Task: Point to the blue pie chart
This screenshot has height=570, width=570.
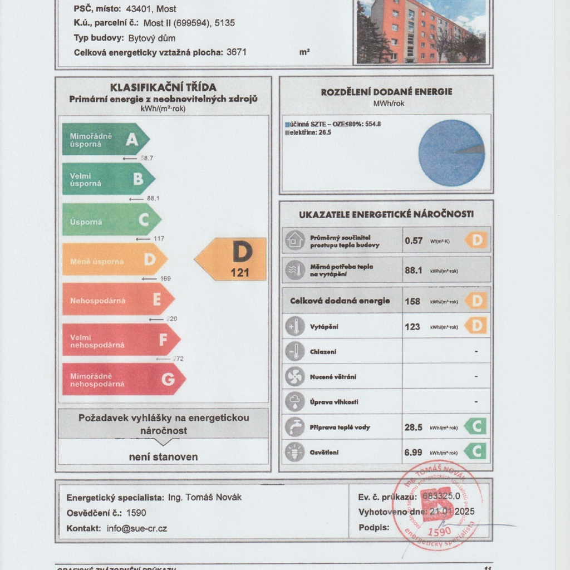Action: pyautogui.click(x=451, y=153)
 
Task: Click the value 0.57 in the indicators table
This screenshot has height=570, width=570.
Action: pyautogui.click(x=414, y=240)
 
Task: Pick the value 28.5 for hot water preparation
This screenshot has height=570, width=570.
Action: pyautogui.click(x=414, y=427)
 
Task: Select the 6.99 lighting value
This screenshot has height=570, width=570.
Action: pyautogui.click(x=413, y=453)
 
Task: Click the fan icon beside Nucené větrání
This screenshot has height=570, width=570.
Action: pyautogui.click(x=294, y=376)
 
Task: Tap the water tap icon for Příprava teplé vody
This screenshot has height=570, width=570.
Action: pyautogui.click(x=294, y=427)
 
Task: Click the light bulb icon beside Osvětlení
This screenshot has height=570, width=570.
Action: pyautogui.click(x=294, y=452)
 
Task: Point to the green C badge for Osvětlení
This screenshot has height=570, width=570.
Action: pyautogui.click(x=475, y=451)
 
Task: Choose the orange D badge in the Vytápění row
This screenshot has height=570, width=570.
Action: pyautogui.click(x=476, y=326)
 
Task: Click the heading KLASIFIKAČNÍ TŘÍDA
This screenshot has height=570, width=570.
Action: pyautogui.click(x=163, y=87)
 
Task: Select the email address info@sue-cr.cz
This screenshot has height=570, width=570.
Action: pyautogui.click(x=137, y=529)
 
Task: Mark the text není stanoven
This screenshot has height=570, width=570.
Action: pyautogui.click(x=163, y=457)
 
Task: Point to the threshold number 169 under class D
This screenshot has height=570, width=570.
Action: pyautogui.click(x=165, y=278)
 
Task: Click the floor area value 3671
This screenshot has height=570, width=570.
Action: pyautogui.click(x=237, y=52)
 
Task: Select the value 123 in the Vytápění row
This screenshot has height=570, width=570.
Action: pyautogui.click(x=412, y=327)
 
